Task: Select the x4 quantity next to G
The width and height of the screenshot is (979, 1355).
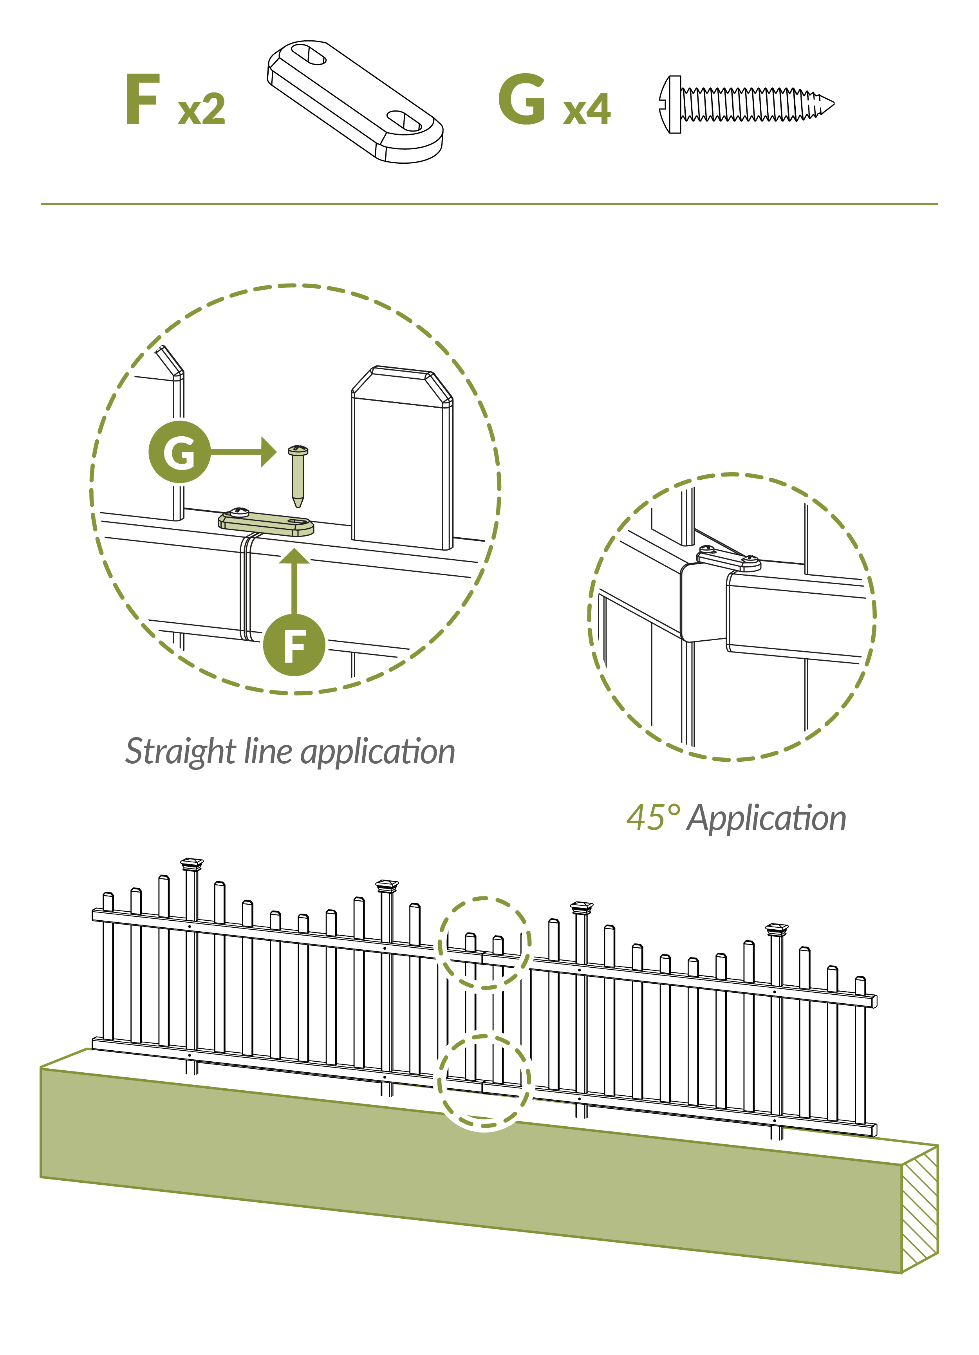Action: pos(587,109)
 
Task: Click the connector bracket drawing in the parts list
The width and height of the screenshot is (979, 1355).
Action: pos(356,101)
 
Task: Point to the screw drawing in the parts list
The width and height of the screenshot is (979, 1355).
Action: pos(747,105)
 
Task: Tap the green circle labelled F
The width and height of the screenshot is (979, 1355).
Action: pos(294,645)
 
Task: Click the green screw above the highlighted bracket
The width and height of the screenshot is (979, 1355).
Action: pos(298,476)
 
